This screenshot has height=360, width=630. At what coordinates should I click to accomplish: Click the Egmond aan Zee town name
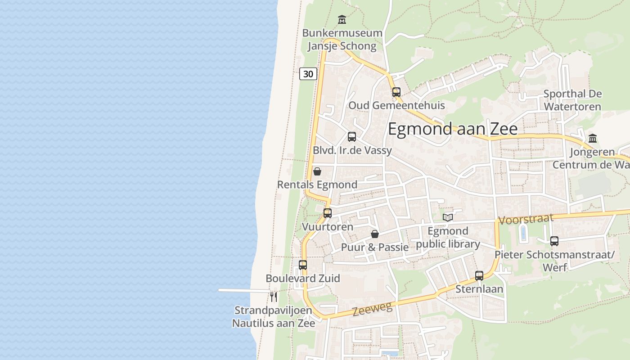pyautogui.click(x=452, y=129)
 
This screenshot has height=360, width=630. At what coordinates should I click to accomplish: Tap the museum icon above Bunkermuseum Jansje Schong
pyautogui.click(x=342, y=20)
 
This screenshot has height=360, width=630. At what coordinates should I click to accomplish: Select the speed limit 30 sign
pyautogui.click(x=308, y=74)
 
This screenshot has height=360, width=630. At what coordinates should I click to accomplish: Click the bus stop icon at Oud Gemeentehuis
pyautogui.click(x=396, y=92)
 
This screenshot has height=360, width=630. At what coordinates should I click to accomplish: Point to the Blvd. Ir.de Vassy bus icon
pyautogui.click(x=352, y=137)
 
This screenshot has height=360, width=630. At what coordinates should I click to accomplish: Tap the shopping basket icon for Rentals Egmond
pyautogui.click(x=317, y=171)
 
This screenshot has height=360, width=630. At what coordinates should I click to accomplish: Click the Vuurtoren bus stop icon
pyautogui.click(x=328, y=213)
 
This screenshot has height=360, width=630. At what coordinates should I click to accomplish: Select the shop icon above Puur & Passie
pyautogui.click(x=375, y=234)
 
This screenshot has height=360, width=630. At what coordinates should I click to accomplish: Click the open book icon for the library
pyautogui.click(x=448, y=218)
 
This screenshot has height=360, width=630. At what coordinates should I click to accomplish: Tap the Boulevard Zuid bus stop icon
pyautogui.click(x=303, y=265)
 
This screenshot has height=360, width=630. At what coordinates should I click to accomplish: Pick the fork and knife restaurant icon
pyautogui.click(x=273, y=297)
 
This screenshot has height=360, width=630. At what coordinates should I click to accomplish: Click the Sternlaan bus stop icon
pyautogui.click(x=479, y=276)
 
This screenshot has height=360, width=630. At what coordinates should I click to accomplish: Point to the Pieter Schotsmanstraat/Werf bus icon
pyautogui.click(x=554, y=241)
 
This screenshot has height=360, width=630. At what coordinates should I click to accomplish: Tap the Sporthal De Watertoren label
pyautogui.click(x=572, y=100)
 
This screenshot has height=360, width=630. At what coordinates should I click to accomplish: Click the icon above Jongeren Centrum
pyautogui.click(x=593, y=139)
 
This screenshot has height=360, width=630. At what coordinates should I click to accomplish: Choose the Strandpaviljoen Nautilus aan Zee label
pyautogui.click(x=273, y=317)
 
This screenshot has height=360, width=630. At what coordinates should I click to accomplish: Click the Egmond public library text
pyautogui.click(x=448, y=238)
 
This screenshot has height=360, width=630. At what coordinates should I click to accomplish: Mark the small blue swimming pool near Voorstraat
pyautogui.click(x=523, y=233)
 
